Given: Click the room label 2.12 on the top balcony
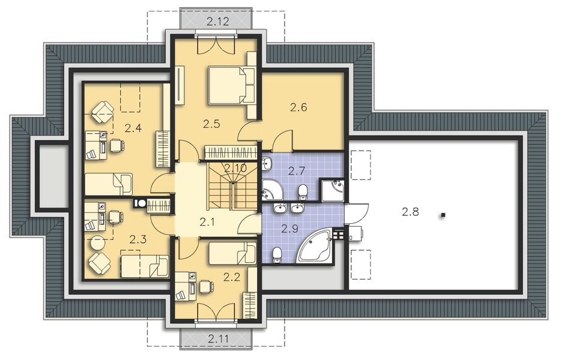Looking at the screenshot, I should coord(217,22).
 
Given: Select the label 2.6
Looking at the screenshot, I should coord(298,107).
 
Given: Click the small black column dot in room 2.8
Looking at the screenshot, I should coord(443,214).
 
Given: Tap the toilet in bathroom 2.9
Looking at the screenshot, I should coord(276,255).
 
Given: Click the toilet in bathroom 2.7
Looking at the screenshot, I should coord(303,191).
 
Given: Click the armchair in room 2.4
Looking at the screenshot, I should coord(103,111).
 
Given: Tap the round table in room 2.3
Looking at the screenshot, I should coord(97,243).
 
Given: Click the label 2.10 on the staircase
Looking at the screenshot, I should coord(235,169).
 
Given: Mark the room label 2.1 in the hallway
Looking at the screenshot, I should coord(207,222).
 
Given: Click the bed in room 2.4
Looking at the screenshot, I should coord(108,184).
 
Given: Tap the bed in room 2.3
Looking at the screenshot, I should coord(144,266).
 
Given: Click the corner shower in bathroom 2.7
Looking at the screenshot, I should coord(331,191).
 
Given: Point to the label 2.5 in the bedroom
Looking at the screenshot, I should coord(212,124).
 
